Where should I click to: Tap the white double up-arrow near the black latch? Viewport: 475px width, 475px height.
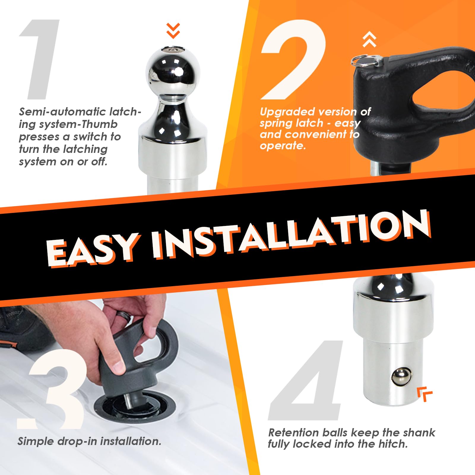370,40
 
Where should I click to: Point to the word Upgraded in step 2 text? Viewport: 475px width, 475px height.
287,112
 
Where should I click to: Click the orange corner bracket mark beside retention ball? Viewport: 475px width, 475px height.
424,394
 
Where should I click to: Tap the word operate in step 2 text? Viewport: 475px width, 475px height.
282,146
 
